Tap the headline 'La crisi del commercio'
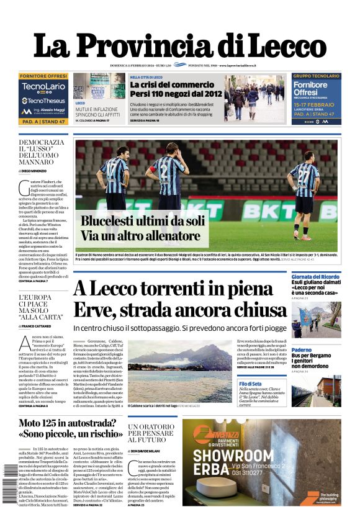[x=167, y=84]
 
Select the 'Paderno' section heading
[x=302, y=350]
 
